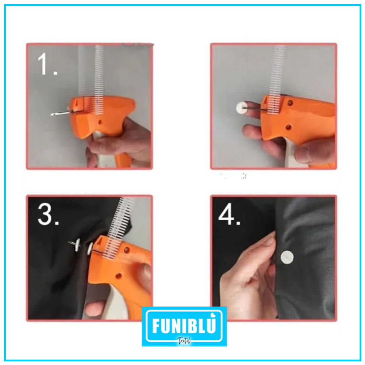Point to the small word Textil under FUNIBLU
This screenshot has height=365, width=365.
[184, 341]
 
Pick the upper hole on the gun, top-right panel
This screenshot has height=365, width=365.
[290, 102]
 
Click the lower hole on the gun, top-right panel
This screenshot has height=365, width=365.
[288, 127]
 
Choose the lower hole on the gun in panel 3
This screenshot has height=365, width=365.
[118, 276]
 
